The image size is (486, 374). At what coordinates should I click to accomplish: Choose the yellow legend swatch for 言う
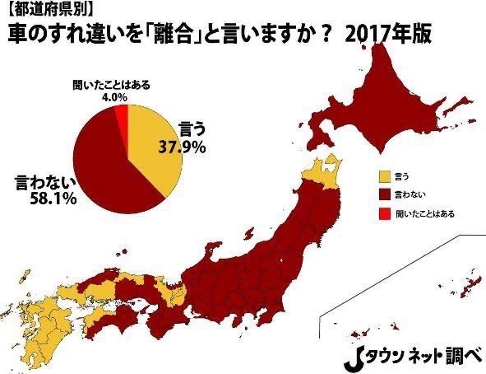click(383, 175)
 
